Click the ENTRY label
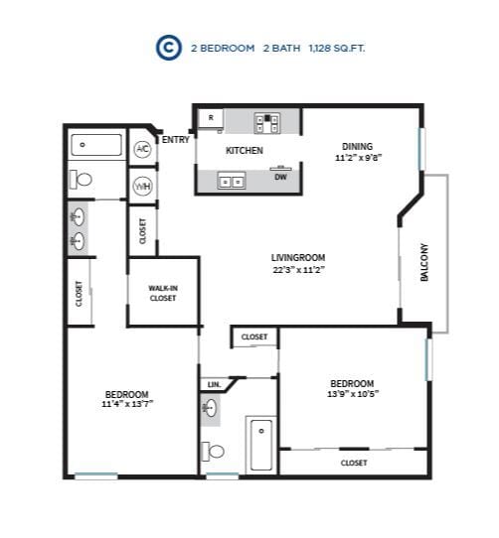(x=176, y=140)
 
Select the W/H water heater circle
(x=142, y=186)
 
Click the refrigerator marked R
(x=210, y=119)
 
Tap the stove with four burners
(x=266, y=122)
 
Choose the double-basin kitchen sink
(x=232, y=182)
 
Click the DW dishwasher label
(x=281, y=178)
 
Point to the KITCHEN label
(x=245, y=151)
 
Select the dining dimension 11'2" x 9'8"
(x=359, y=157)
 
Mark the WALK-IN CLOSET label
(x=163, y=293)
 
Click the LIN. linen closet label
(x=214, y=384)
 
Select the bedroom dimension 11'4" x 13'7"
(x=127, y=404)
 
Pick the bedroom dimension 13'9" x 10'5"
(x=352, y=394)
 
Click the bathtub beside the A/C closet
(x=96, y=146)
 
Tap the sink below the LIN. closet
(x=210, y=407)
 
